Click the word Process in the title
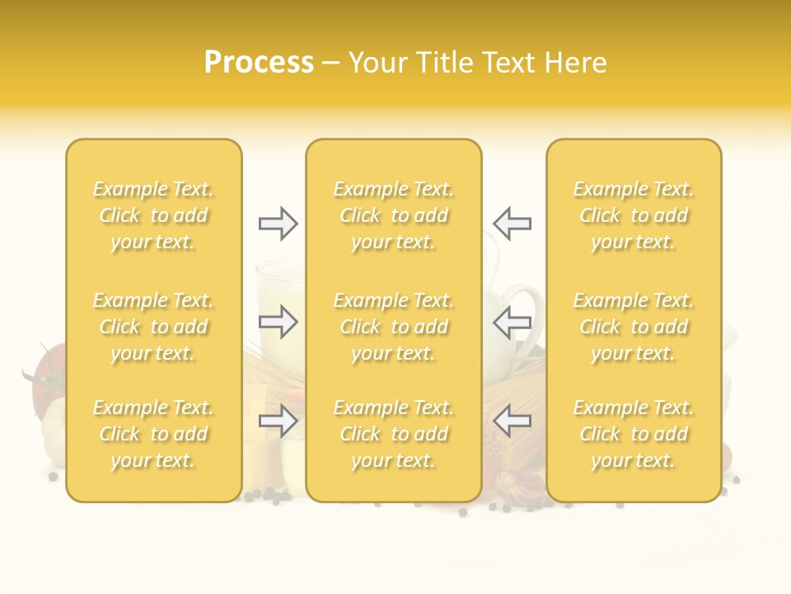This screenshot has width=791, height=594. [x=259, y=63]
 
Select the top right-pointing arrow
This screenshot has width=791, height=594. [x=278, y=224]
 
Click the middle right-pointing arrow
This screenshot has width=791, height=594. [x=278, y=322]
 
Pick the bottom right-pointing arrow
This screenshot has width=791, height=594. [x=278, y=422]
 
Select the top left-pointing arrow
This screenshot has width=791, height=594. [x=512, y=224]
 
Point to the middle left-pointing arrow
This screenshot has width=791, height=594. [x=512, y=322]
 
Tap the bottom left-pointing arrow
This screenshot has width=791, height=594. [x=512, y=422]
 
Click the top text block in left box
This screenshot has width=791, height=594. [x=153, y=215]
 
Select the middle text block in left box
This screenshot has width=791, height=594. [x=153, y=327]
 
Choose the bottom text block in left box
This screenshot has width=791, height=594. [x=153, y=434]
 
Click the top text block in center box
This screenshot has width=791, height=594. [x=394, y=215]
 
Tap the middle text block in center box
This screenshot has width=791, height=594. [x=394, y=327]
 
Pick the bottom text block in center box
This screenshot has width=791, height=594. [x=394, y=434]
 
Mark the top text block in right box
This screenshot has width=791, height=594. [x=634, y=215]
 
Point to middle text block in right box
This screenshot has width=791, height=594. [x=634, y=327]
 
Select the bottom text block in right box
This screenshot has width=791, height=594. [x=634, y=434]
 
